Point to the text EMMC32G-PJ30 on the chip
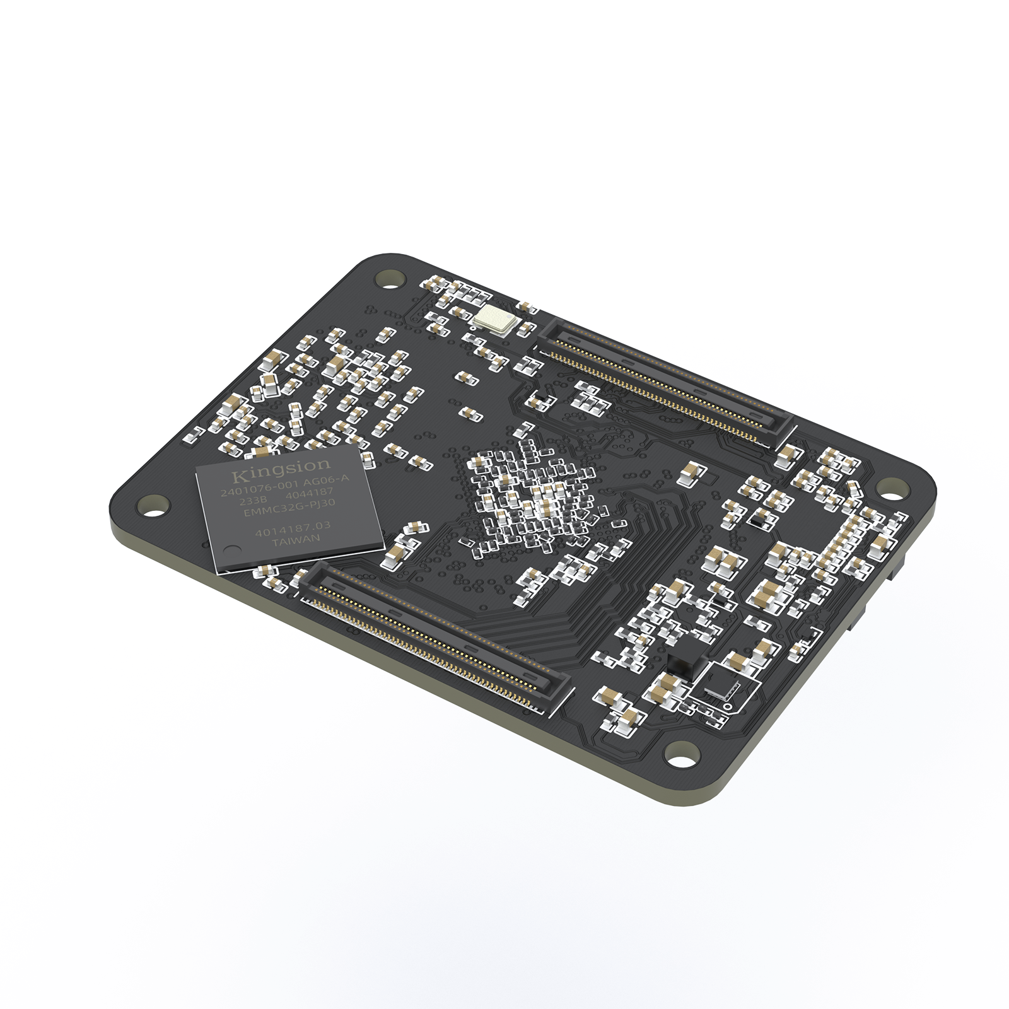click(x=289, y=508)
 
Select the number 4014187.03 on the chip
click(x=292, y=528)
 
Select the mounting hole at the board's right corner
click(x=892, y=486)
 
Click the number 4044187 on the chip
click(x=310, y=493)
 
